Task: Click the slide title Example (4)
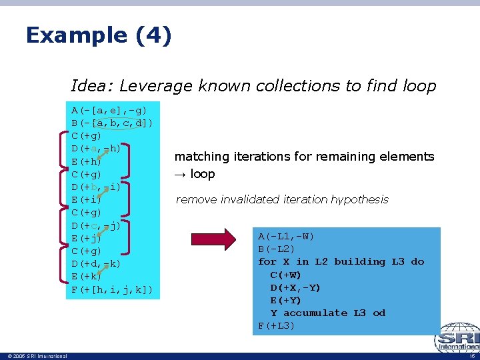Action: tap(99, 35)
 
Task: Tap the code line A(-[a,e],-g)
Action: tap(109, 110)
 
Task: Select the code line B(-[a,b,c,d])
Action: tap(112, 123)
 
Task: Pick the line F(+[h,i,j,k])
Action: tap(112, 289)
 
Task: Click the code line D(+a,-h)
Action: tap(96, 148)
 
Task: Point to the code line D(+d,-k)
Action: tap(96, 263)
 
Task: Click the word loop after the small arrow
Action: tap(203, 174)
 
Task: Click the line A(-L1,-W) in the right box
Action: tap(287, 237)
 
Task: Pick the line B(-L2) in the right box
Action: tap(277, 249)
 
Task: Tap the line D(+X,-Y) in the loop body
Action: tap(295, 287)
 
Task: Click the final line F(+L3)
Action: tap(277, 325)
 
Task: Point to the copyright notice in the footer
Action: tap(34, 356)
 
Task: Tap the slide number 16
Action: tap(471, 356)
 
